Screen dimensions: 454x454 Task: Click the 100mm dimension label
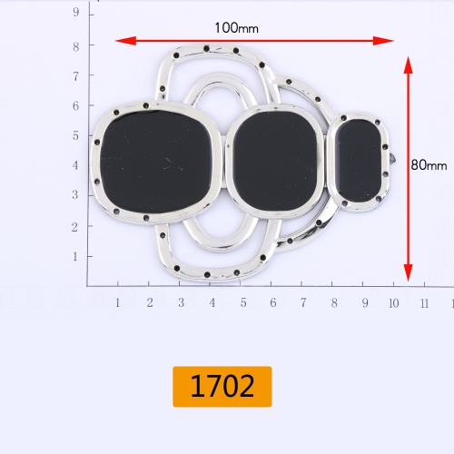[x=236, y=27]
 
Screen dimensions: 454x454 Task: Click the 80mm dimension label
[x=429, y=165]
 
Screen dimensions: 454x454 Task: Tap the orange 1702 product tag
[x=222, y=387]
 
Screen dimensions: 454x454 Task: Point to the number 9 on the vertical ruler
[x=75, y=13]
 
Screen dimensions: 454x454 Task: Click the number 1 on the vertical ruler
[x=75, y=257]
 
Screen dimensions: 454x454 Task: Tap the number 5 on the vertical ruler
[x=75, y=135]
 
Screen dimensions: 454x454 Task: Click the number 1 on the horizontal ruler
[x=118, y=301]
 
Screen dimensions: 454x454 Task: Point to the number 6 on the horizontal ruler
[x=271, y=301]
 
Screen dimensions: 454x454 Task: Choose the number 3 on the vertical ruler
[x=75, y=196]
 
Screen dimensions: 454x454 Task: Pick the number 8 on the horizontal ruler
[x=333, y=301]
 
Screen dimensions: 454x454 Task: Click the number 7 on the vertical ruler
[x=75, y=74]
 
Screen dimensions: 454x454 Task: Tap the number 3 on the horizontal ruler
[x=180, y=301]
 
